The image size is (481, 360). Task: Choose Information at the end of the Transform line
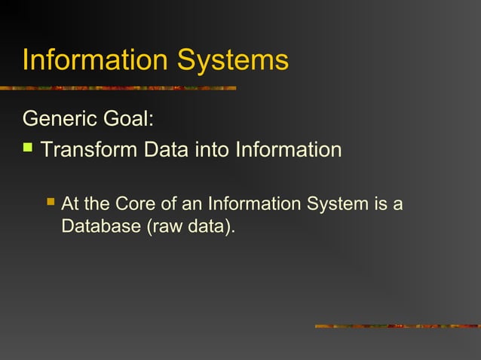coord(288,149)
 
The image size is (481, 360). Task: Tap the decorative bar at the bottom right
coord(397,326)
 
